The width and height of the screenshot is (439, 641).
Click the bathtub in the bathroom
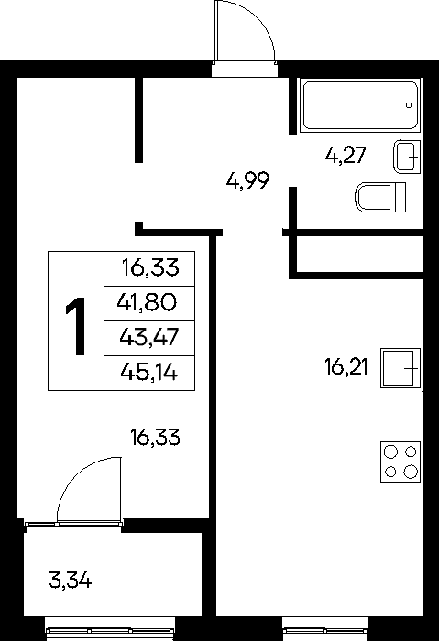click(x=360, y=105)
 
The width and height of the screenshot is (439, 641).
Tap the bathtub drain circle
click(x=409, y=105)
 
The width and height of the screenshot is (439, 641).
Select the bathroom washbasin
click(x=407, y=157)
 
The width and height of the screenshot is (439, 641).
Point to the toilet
click(x=380, y=198)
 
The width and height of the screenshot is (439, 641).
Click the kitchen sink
click(x=401, y=367)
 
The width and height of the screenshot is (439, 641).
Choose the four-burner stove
click(x=401, y=462)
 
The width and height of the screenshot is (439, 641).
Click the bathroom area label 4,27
click(x=345, y=156)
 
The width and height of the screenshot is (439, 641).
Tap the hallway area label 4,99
click(x=248, y=180)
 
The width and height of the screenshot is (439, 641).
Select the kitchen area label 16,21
click(x=346, y=366)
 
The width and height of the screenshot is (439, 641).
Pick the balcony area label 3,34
click(x=71, y=580)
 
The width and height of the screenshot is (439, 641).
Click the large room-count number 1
click(x=76, y=326)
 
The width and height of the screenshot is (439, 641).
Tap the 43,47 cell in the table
click(x=149, y=338)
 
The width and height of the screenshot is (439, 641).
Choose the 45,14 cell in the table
click(x=149, y=373)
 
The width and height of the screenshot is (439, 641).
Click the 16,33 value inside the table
click(x=150, y=268)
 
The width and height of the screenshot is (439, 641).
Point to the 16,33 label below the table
click(x=155, y=438)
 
